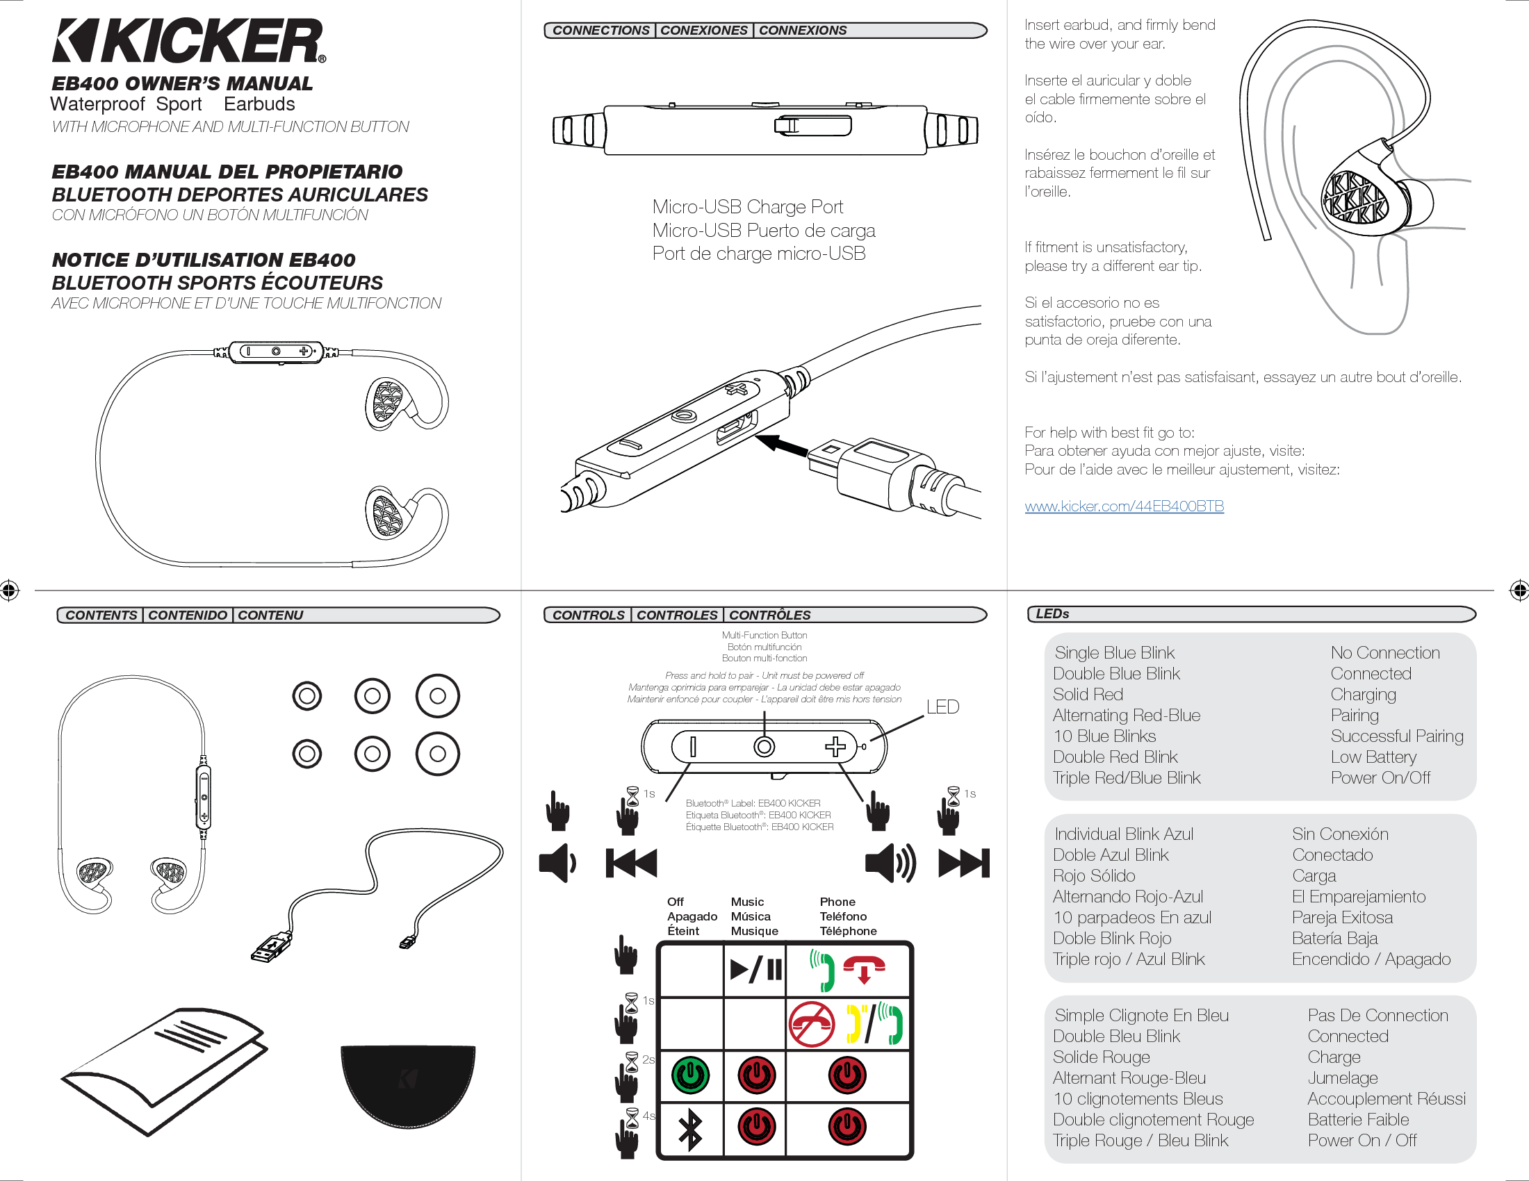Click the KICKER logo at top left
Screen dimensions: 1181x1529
(x=189, y=40)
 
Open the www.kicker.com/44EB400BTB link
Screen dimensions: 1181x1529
(x=1124, y=506)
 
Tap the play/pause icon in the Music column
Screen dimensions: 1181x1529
(x=755, y=970)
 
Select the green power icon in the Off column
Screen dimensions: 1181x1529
(x=690, y=1075)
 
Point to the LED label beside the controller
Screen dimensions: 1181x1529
(x=942, y=707)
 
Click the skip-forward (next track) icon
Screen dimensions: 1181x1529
(x=964, y=863)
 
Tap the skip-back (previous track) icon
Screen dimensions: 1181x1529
(x=631, y=863)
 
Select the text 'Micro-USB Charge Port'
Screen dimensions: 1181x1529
(x=747, y=207)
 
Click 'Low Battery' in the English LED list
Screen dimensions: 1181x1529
(x=1373, y=757)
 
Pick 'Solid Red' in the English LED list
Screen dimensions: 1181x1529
(x=1088, y=695)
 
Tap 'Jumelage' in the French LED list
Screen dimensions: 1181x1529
(x=1342, y=1078)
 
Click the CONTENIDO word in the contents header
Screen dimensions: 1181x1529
(x=188, y=615)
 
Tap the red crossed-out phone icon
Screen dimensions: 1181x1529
(x=811, y=1024)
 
